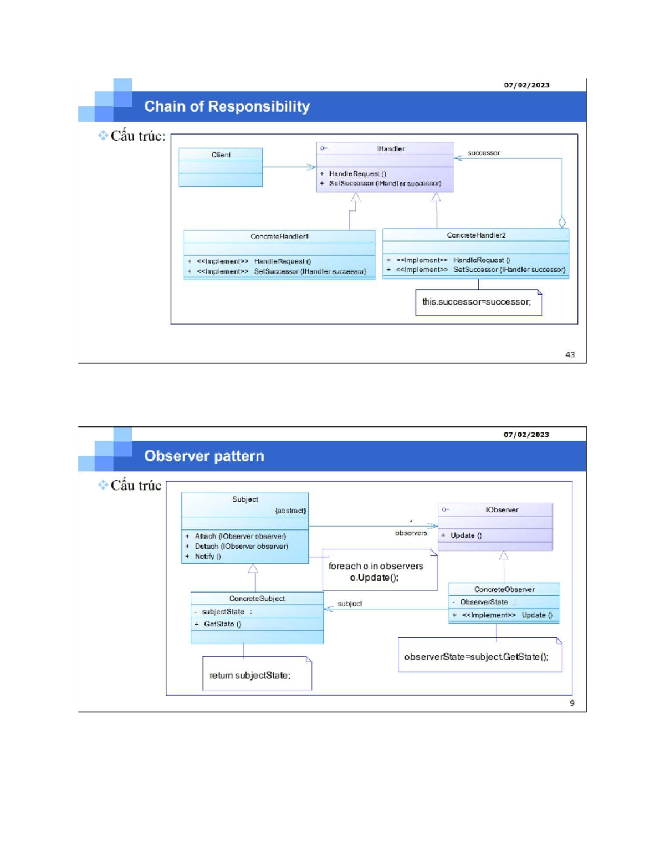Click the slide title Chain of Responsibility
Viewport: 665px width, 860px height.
[227, 106]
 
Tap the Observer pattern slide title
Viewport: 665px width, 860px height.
[204, 456]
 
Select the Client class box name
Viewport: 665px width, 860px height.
[221, 155]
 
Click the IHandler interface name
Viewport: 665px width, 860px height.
[391, 149]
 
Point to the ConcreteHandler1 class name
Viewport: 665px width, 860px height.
[279, 236]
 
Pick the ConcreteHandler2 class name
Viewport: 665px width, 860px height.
[476, 235]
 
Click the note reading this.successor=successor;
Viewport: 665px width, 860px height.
[477, 302]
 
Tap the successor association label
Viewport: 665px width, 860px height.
[483, 153]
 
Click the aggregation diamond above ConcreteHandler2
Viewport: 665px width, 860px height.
[562, 223]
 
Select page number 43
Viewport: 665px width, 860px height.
[570, 354]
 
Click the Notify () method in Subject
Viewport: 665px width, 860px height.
[207, 557]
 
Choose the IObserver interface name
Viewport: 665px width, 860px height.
[502, 510]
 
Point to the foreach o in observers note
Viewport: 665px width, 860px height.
[376, 571]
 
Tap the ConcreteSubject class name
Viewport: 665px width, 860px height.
[257, 599]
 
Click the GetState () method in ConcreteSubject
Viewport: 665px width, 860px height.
[222, 624]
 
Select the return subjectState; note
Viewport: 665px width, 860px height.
[250, 675]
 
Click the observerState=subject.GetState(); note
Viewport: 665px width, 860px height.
[476, 657]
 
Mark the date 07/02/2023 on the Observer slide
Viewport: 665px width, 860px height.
[526, 435]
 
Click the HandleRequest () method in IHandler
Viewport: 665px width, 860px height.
[357, 174]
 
